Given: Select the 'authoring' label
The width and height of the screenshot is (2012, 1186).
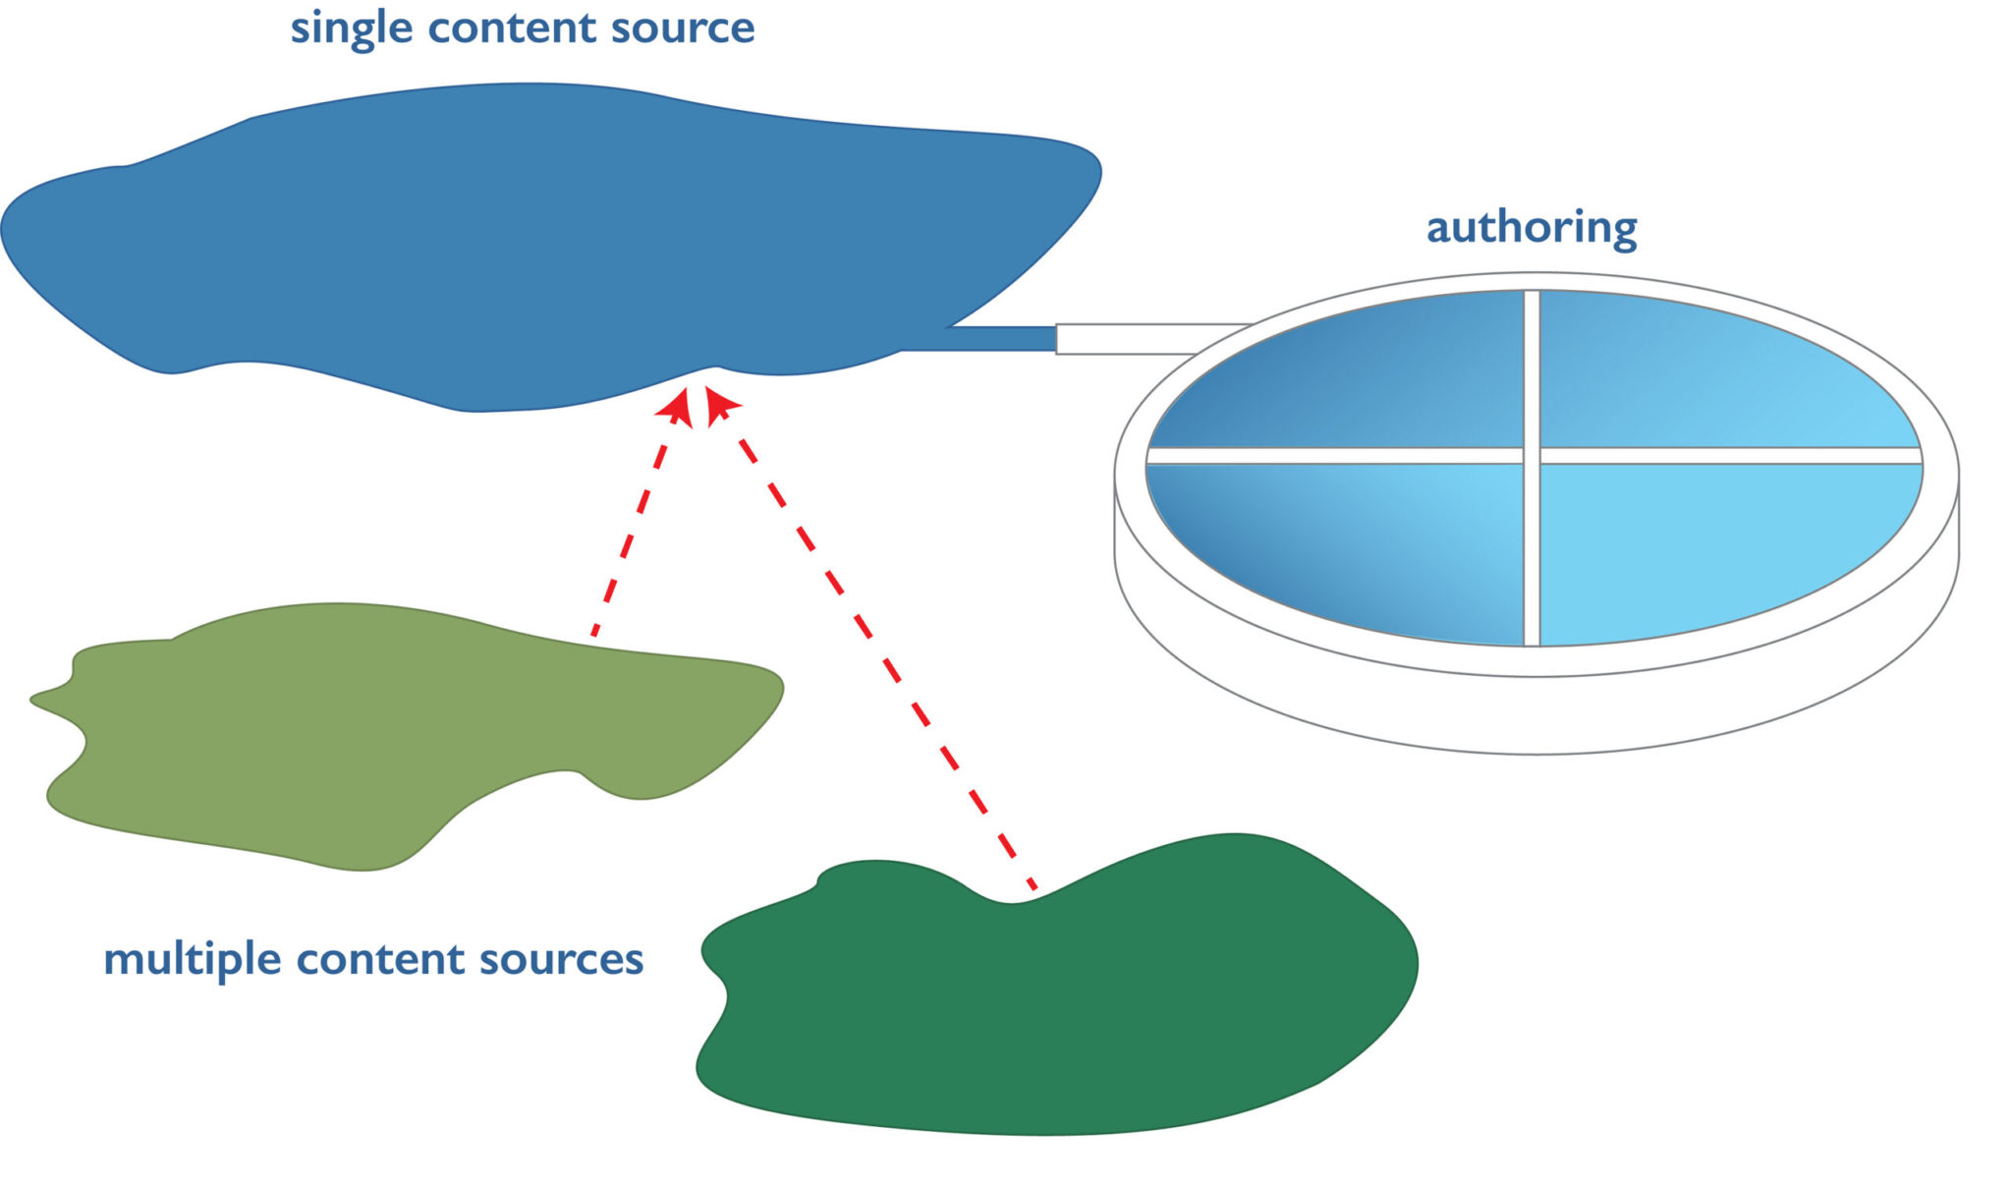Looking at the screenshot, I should [x=1531, y=227].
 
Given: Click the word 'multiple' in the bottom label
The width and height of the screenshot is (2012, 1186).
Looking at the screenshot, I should [x=193, y=958].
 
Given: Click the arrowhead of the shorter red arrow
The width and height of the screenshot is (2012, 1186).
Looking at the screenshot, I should [x=679, y=406].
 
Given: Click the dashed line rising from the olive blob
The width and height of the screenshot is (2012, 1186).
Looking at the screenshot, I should [x=629, y=536].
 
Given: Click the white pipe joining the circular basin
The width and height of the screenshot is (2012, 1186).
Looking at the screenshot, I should [x=1130, y=338].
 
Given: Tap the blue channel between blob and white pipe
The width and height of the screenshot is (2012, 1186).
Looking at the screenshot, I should [x=992, y=339].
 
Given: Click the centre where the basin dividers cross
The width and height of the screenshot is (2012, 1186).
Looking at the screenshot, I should [x=1531, y=455].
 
